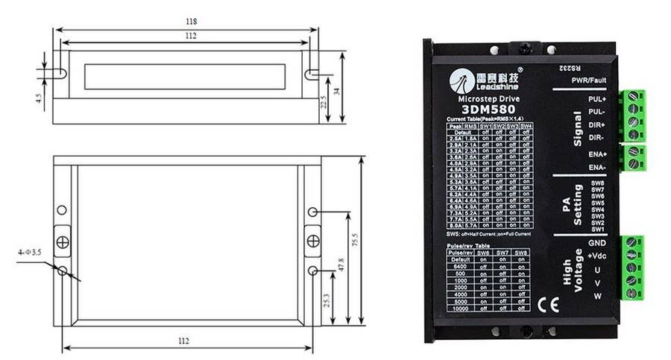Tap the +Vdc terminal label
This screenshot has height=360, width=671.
click(x=596, y=256)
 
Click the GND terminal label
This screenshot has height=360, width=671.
click(x=597, y=243)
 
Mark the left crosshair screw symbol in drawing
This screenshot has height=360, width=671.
click(x=63, y=241)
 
